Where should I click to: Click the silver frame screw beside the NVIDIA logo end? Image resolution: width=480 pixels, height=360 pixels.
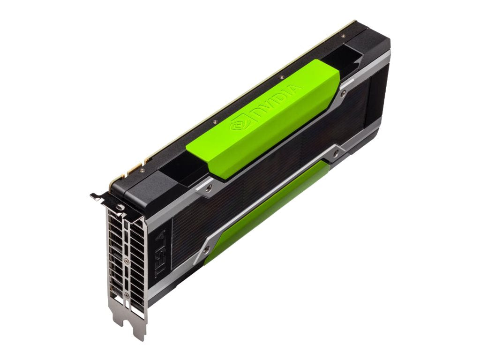(208, 187)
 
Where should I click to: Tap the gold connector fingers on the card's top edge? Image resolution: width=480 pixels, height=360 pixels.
(133, 167)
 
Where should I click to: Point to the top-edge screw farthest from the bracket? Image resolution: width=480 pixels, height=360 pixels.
(344, 36)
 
